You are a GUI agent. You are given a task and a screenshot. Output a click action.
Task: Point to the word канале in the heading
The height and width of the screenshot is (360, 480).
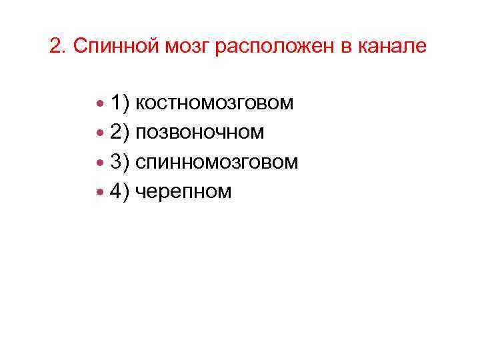coord(394,47)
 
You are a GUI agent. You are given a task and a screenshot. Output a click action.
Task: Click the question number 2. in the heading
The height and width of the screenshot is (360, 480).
coord(59,47)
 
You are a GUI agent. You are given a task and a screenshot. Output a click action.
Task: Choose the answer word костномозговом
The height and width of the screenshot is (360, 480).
coord(215,103)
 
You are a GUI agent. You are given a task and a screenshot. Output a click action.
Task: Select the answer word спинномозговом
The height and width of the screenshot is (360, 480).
coord(217,162)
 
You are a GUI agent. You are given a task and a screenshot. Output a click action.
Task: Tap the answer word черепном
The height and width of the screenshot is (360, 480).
coord(183,192)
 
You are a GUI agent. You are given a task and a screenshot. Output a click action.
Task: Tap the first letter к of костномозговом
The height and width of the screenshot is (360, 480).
coord(140,105)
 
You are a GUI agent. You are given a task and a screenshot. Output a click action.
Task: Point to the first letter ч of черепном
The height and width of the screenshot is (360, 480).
coord(140,193)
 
